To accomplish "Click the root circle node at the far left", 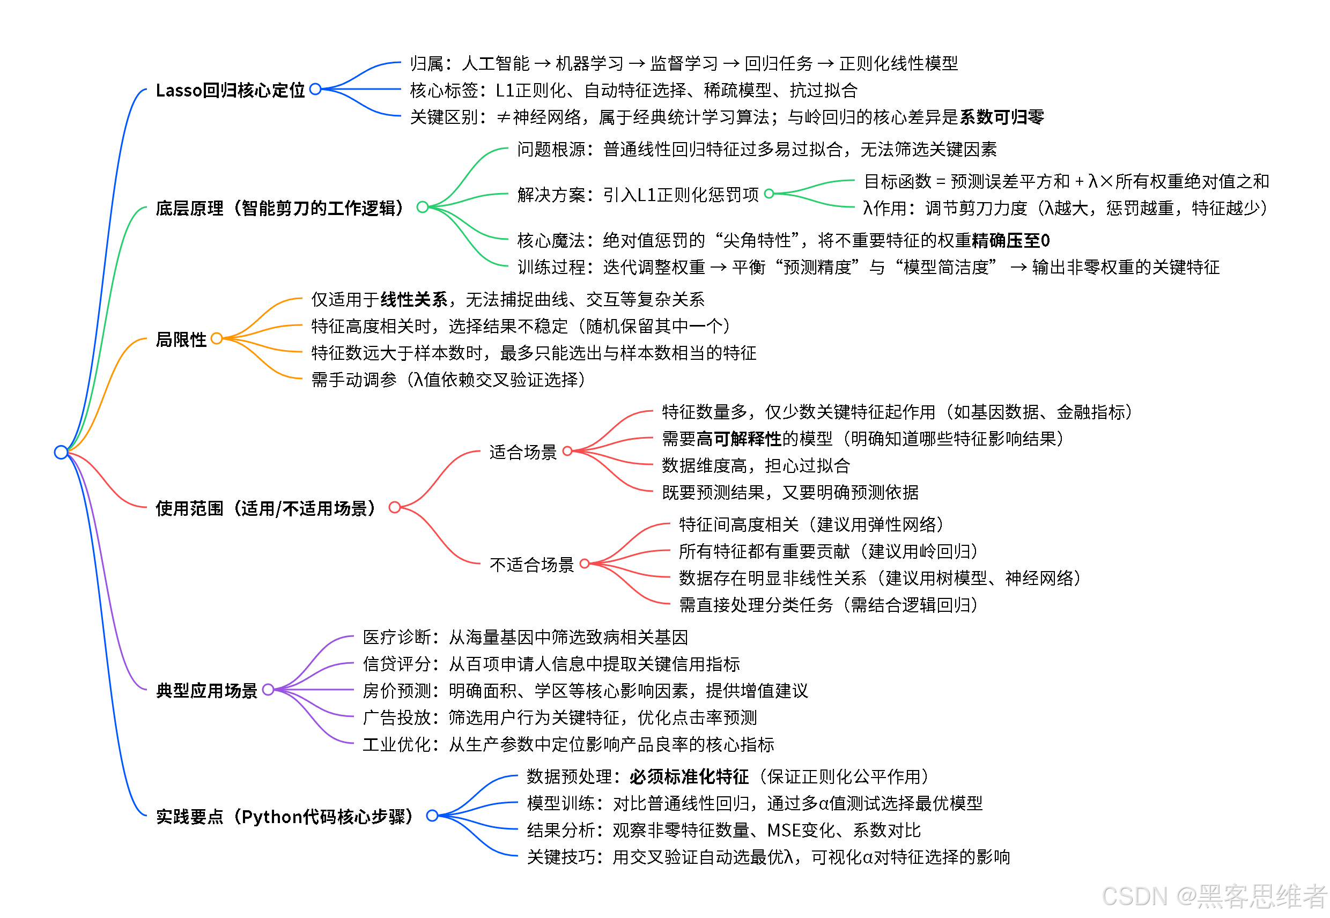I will pos(61,452).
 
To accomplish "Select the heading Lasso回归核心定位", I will pos(230,90).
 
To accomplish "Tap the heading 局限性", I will pos(181,339).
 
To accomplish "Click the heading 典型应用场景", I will pos(206,690).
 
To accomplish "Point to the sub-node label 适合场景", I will pos(523,452).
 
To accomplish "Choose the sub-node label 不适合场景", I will pos(531,565).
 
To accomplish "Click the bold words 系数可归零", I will pos(1002,117).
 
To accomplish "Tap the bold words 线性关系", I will pos(413,299).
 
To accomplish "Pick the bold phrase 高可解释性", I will pos(738,439).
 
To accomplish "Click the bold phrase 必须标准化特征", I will pos(689,777).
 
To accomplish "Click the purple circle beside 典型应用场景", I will pos(268,689).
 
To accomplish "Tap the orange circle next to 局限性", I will pos(217,338).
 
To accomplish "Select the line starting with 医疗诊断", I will pos(525,638).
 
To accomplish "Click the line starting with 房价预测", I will pos(585,691).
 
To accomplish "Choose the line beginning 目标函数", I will pos(1066,182).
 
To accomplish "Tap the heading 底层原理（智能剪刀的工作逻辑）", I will pos(280,208).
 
